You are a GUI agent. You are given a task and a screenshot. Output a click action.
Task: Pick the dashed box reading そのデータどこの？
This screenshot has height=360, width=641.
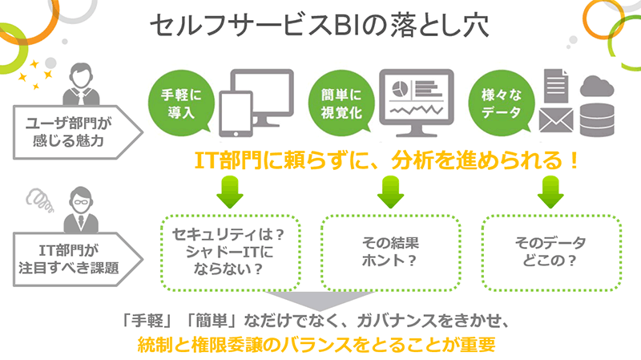tap(550, 251)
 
